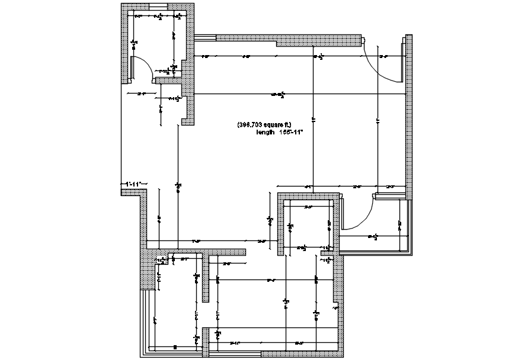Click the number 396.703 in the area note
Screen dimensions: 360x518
(x=250, y=125)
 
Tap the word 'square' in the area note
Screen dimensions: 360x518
(x=274, y=125)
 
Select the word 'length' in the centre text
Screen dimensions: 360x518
(x=265, y=133)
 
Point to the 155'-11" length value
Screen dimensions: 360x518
(x=291, y=133)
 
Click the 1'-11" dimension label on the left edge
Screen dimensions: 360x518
(x=132, y=184)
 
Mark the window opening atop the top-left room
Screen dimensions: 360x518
(x=156, y=7)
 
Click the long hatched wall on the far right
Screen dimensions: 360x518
(x=408, y=118)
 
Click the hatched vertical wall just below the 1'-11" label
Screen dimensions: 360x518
(x=143, y=219)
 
